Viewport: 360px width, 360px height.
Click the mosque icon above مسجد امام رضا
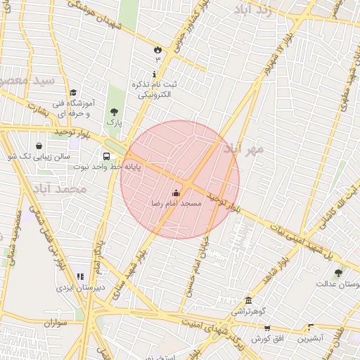click(176, 193)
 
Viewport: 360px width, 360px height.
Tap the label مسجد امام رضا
click(176, 202)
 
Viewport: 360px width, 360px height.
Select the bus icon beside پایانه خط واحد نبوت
click(106, 156)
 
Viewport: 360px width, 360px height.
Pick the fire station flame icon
click(157, 50)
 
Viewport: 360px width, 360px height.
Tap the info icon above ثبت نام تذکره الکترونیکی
click(155, 74)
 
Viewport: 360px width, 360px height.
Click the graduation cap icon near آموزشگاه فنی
click(73, 92)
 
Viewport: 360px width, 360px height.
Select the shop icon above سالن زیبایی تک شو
click(38, 146)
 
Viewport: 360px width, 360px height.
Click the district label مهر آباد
click(243, 149)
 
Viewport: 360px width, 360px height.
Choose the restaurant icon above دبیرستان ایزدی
click(80, 276)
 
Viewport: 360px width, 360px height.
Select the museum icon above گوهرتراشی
click(248, 300)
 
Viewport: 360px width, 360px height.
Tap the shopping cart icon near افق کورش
click(266, 328)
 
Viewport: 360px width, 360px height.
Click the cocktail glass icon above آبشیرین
click(310, 328)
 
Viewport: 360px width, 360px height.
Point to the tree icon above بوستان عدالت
click(338, 273)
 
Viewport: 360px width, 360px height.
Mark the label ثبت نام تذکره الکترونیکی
click(155, 89)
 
